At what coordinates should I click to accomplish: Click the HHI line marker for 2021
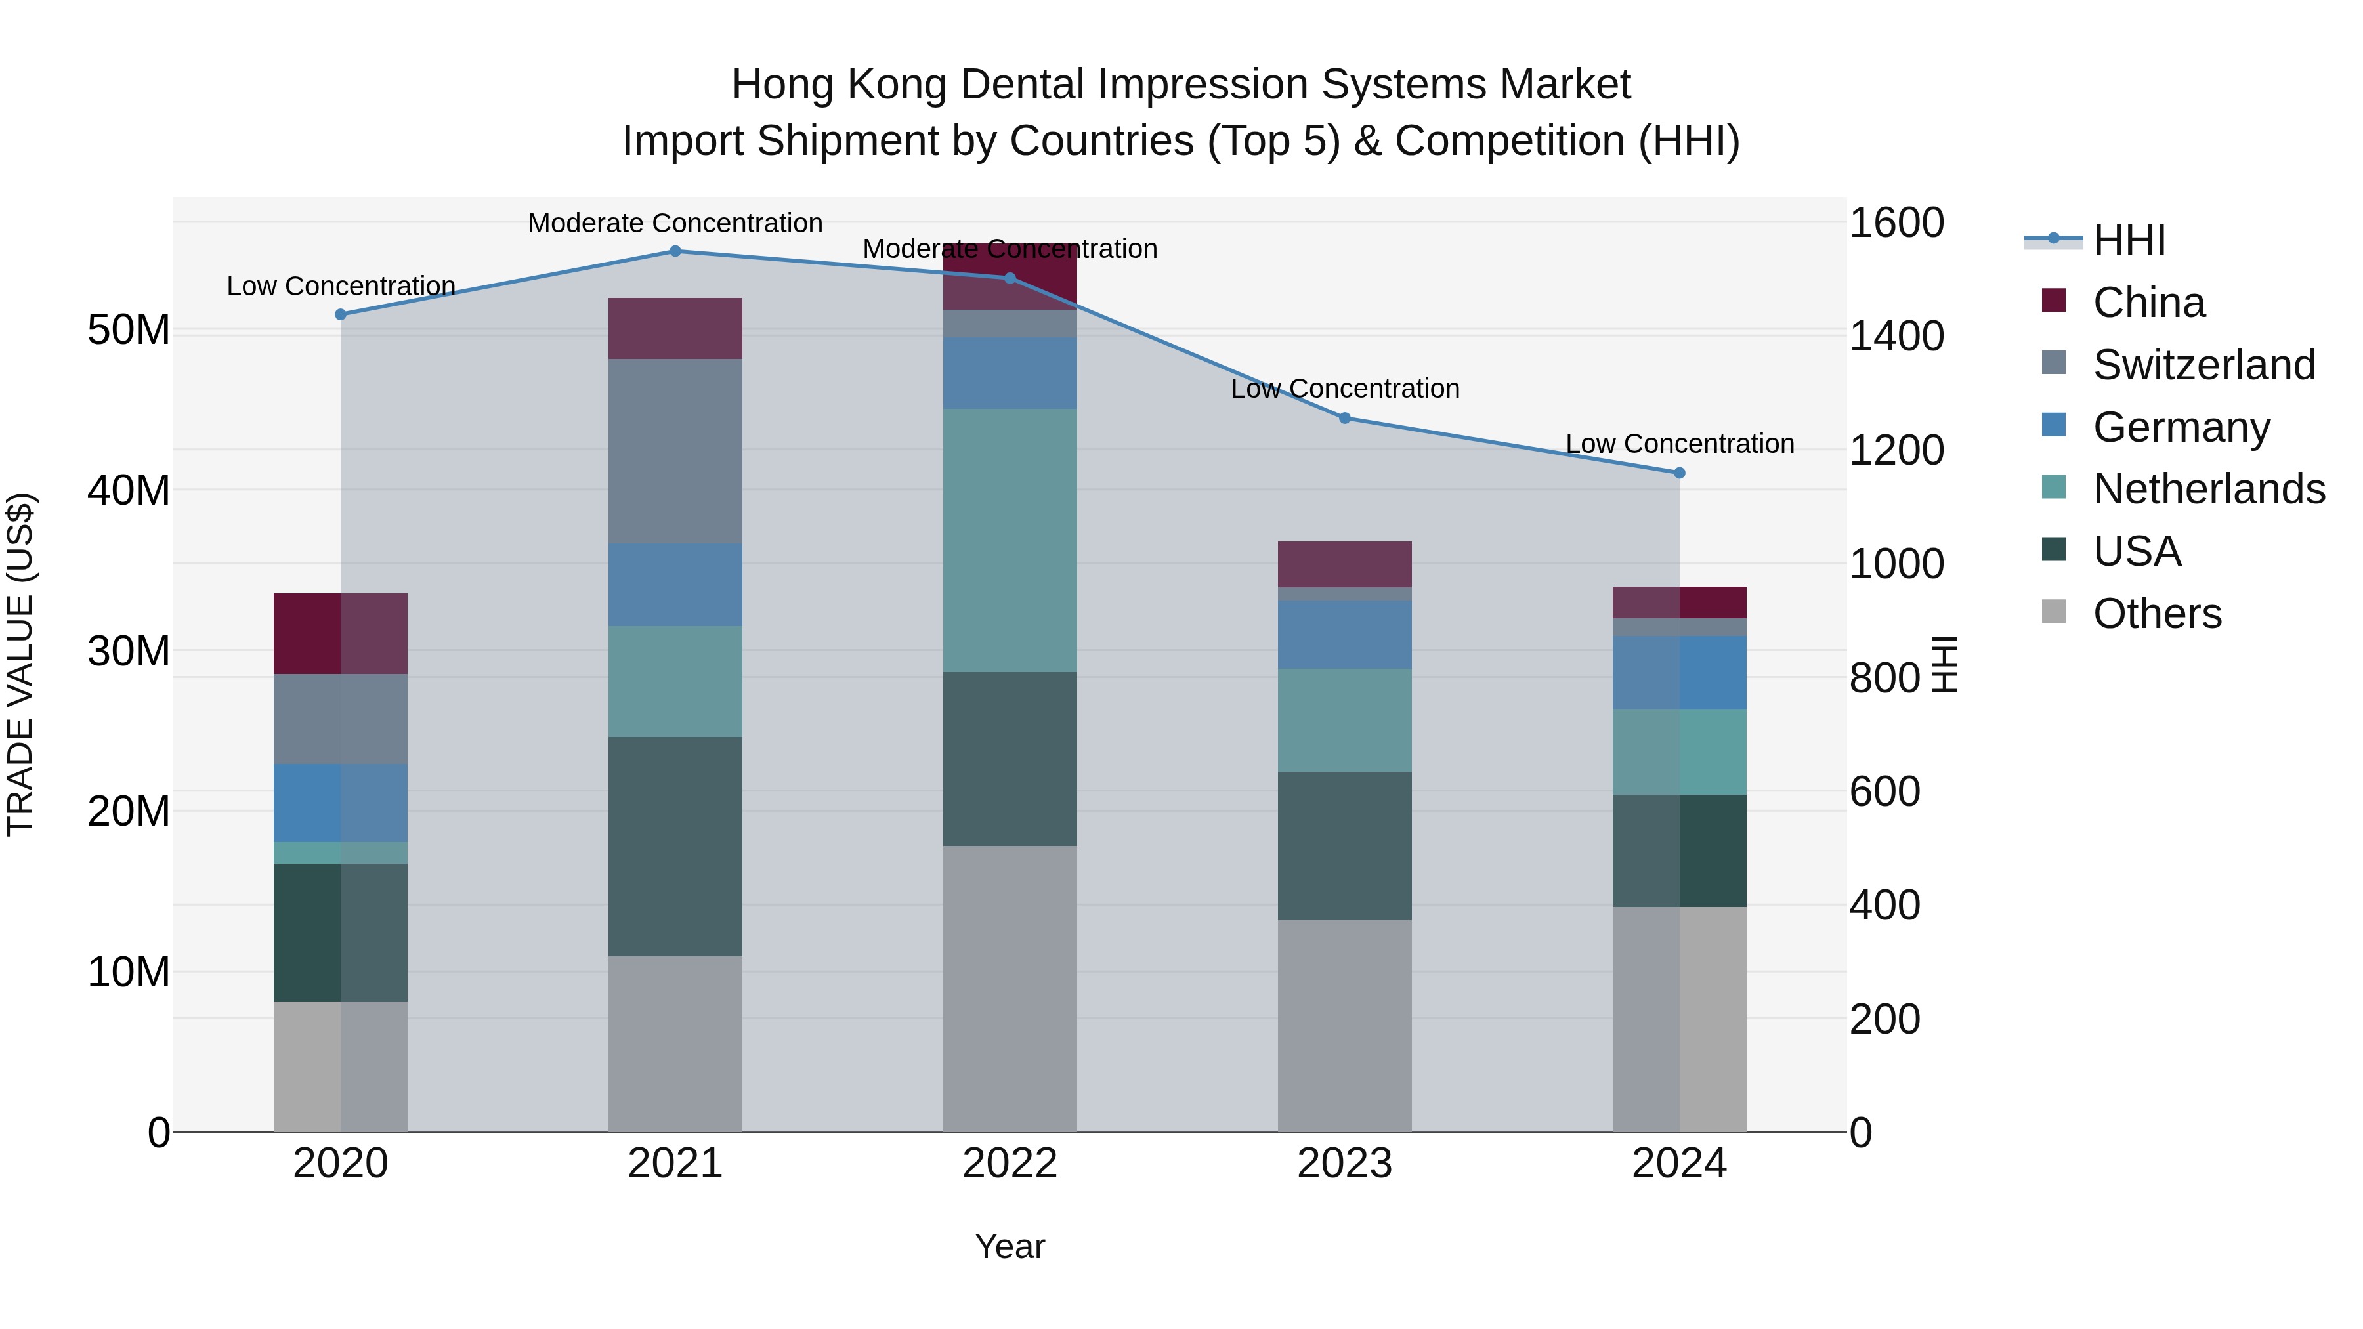(675, 251)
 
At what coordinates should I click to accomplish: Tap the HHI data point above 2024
(1680, 473)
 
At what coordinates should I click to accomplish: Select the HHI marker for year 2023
(1345, 418)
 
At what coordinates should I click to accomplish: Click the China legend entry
(2148, 303)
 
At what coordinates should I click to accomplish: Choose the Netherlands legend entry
(2209, 489)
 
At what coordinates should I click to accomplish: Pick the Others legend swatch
(2054, 612)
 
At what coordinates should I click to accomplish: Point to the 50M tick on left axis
(129, 329)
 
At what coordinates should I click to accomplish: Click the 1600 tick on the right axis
(1895, 223)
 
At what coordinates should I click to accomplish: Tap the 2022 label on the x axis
(1010, 1164)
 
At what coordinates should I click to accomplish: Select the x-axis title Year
(1010, 1246)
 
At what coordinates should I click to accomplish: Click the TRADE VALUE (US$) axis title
(20, 664)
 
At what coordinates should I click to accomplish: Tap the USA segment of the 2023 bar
(1345, 846)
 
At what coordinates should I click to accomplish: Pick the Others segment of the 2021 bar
(675, 1044)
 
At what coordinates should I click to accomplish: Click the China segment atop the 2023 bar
(1345, 564)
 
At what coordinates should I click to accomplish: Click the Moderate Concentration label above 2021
(675, 223)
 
